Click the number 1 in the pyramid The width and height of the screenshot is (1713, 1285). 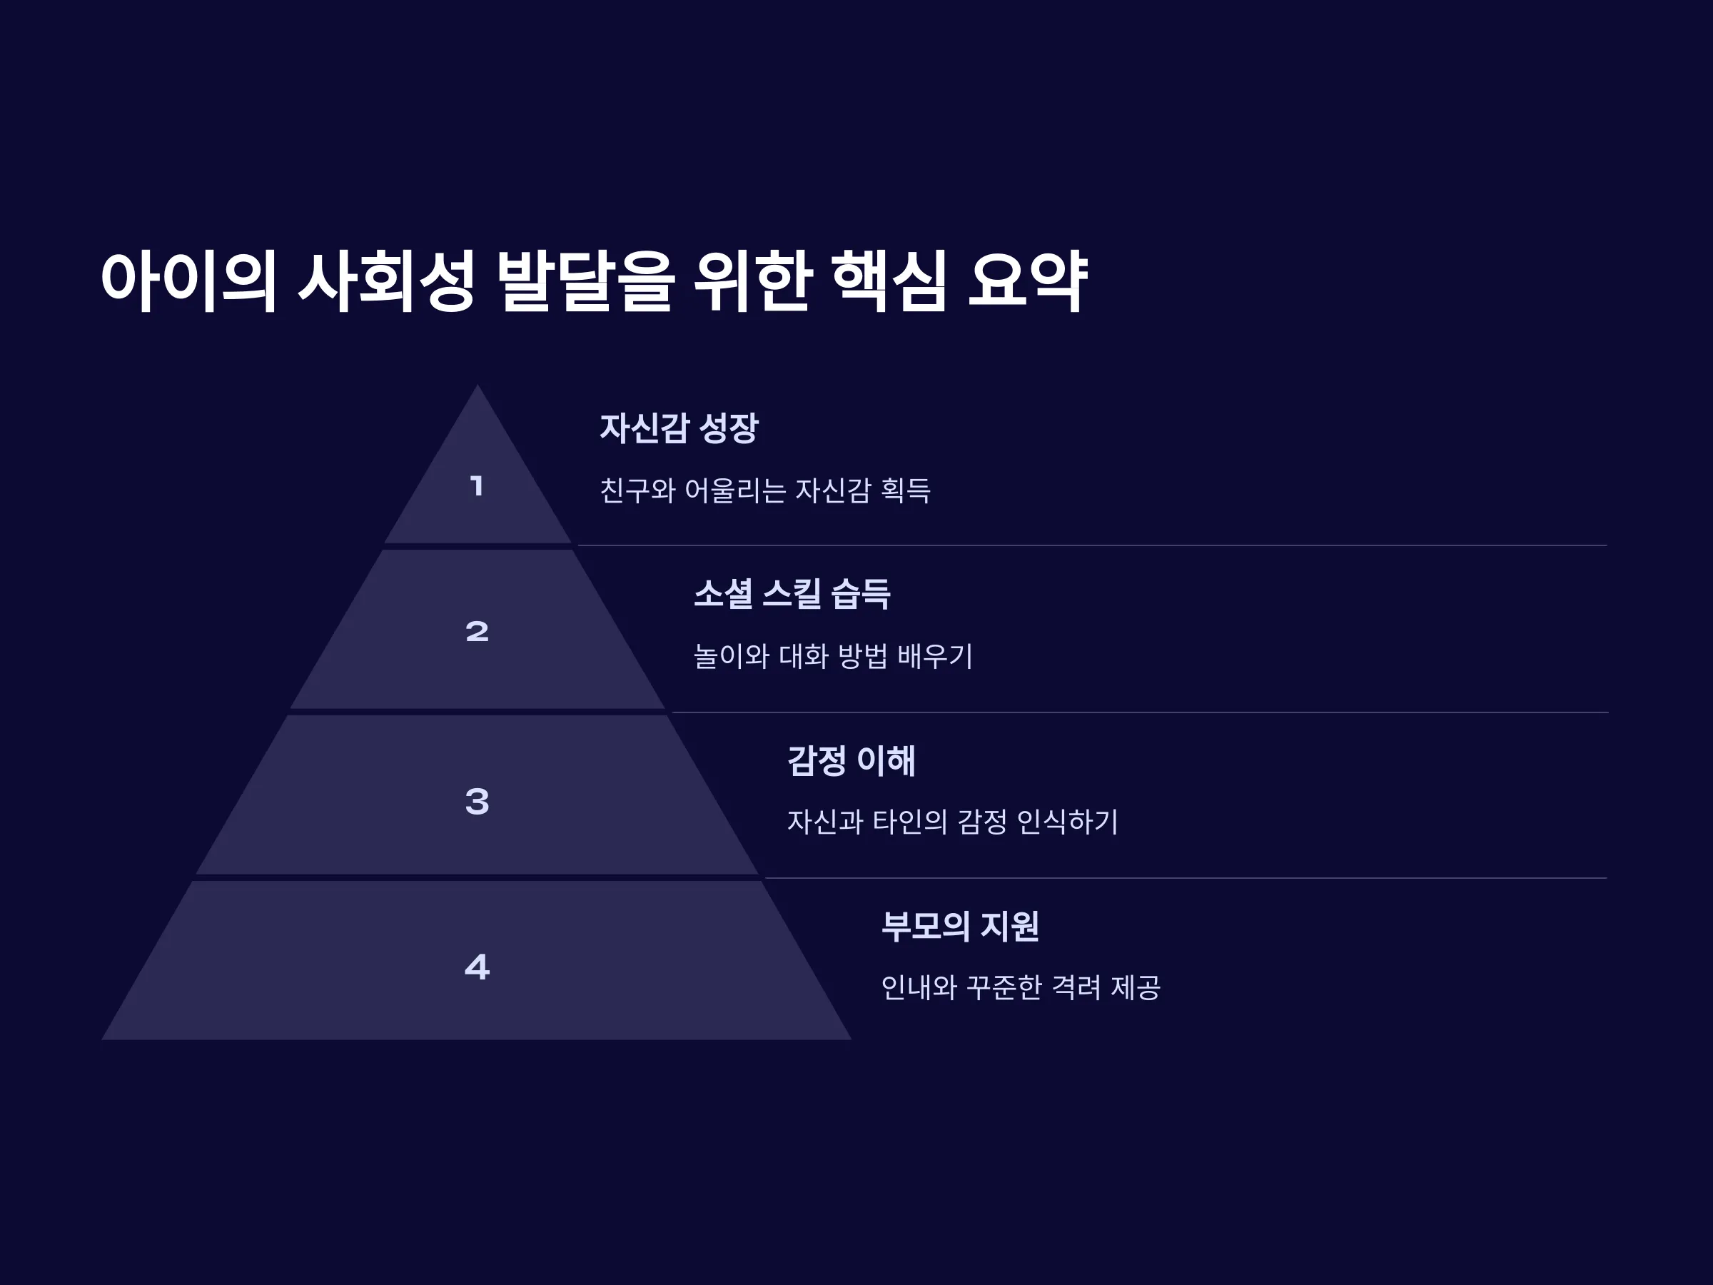tap(477, 486)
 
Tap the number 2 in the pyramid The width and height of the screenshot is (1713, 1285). tap(477, 631)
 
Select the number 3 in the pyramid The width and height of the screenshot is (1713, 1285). tap(477, 801)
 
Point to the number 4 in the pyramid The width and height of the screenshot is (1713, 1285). tap(477, 967)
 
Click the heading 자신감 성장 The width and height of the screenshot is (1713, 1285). tap(679, 428)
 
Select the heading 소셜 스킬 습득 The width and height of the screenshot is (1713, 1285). tap(792, 594)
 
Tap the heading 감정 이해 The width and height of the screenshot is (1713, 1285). tap(851, 760)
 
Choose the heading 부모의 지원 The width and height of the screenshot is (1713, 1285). tap(959, 926)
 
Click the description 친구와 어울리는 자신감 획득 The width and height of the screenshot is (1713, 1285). tap(765, 490)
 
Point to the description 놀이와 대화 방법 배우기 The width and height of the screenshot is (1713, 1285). tap(832, 656)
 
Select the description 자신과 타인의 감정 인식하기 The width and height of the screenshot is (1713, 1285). tap(953, 822)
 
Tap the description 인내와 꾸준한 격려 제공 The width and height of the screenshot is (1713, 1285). tap(1021, 987)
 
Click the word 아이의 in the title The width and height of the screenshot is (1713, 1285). tap(188, 281)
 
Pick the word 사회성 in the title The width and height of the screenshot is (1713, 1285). tap(385, 281)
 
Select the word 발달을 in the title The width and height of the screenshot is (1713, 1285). tap(585, 281)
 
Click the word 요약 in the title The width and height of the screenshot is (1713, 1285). tap(1029, 281)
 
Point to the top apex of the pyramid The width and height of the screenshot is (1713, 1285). tap(477, 385)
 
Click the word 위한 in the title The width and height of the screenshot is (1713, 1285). tap(752, 281)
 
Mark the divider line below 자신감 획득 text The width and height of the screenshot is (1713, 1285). tap(1093, 545)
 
